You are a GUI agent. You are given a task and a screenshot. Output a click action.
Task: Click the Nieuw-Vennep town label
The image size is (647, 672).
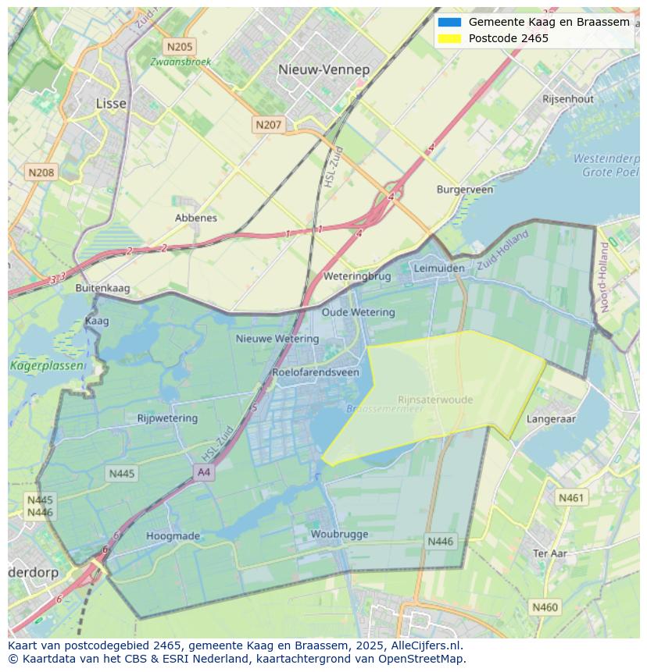click(323, 69)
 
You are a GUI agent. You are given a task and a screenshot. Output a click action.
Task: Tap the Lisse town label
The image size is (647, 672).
click(110, 103)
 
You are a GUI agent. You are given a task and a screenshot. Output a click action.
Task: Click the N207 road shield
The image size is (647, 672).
click(268, 124)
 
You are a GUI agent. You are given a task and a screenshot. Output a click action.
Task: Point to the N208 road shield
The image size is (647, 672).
click(41, 172)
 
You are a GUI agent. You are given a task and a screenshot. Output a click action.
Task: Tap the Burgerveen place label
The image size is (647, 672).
click(465, 190)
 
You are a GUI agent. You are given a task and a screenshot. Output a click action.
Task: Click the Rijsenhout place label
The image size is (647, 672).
click(568, 99)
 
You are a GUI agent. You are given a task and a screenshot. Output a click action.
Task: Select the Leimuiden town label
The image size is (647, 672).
click(438, 268)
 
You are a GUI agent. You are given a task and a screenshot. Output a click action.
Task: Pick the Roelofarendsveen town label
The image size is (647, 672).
click(316, 372)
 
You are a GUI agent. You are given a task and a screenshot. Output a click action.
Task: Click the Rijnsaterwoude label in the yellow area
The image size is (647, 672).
click(435, 400)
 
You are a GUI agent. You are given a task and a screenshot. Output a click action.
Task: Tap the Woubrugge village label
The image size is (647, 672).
click(339, 535)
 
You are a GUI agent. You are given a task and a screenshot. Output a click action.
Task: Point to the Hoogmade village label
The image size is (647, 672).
click(173, 536)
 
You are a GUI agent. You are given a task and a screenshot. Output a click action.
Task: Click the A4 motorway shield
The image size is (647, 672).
click(204, 472)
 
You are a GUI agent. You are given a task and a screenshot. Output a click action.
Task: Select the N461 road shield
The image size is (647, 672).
click(570, 497)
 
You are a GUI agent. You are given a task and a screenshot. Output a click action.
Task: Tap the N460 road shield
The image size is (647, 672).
click(545, 606)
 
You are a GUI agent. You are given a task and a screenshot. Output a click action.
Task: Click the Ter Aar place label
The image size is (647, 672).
click(549, 553)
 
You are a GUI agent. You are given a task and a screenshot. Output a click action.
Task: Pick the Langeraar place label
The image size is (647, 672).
click(551, 419)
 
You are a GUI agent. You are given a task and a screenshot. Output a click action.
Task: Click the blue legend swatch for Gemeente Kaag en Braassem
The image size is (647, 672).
click(450, 22)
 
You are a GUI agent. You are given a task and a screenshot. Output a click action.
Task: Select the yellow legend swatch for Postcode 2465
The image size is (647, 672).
click(450, 38)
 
